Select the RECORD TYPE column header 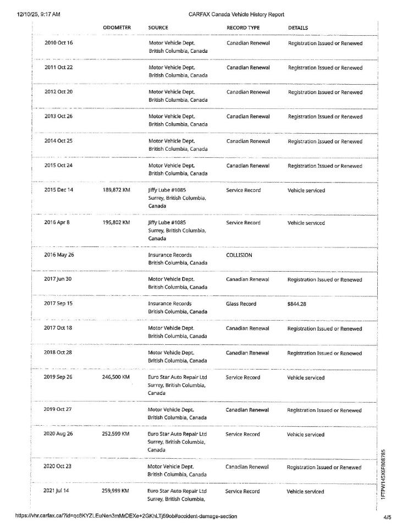(243, 28)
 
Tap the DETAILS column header (298, 28)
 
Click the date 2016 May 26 (59, 255)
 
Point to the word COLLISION (239, 255)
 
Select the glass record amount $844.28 (299, 304)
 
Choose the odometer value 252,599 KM (115, 435)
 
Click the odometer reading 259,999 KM (115, 491)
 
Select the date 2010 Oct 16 (58, 43)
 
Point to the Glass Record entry (241, 304)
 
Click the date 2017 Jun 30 (58, 279)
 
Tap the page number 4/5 (388, 518)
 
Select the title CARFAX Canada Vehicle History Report (236, 14)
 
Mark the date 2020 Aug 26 (59, 435)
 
